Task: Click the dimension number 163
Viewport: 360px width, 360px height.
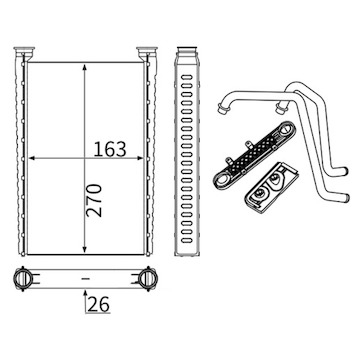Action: pos(110,149)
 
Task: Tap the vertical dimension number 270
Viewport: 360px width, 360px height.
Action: pos(94,200)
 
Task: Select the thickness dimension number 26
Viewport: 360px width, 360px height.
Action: pos(99,304)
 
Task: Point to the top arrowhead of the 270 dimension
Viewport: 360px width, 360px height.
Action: pos(85,68)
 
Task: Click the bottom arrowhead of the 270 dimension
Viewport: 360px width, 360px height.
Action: pos(85,249)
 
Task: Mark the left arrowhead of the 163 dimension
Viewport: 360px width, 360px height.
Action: pos(32,158)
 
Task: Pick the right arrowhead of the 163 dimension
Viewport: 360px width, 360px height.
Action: pos(140,158)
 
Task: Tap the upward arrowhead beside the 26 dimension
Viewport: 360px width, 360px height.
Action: pos(85,294)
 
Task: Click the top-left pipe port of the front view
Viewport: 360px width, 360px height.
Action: pos(24,52)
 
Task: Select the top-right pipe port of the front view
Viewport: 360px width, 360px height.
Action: pos(147,52)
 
